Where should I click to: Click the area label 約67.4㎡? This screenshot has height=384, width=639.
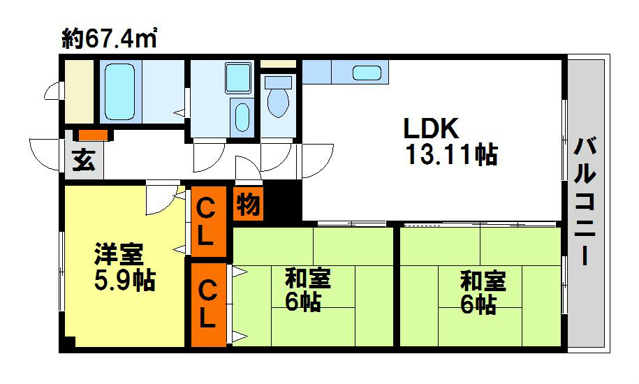click(109, 38)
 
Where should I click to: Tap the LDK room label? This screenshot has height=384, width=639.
click(431, 128)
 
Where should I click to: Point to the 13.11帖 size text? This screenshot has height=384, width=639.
click(452, 155)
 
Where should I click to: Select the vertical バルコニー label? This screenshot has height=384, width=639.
click(585, 202)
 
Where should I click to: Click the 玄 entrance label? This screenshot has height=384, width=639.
click(84, 160)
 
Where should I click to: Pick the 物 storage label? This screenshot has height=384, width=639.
click(248, 204)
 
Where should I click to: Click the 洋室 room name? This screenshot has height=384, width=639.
click(119, 254)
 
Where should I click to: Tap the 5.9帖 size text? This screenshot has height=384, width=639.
click(125, 280)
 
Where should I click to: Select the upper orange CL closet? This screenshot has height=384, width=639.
click(208, 222)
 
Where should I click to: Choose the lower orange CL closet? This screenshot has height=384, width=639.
click(208, 305)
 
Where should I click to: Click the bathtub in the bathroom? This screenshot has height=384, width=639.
click(120, 91)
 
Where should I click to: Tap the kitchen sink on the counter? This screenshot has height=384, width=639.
click(367, 73)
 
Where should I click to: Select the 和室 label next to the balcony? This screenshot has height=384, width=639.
click(483, 281)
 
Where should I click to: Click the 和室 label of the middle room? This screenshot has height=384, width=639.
click(308, 278)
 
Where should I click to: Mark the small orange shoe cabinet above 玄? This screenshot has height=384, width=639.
click(94, 134)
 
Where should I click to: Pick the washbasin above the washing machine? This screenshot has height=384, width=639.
click(238, 77)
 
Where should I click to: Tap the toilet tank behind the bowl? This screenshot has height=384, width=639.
click(279, 82)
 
